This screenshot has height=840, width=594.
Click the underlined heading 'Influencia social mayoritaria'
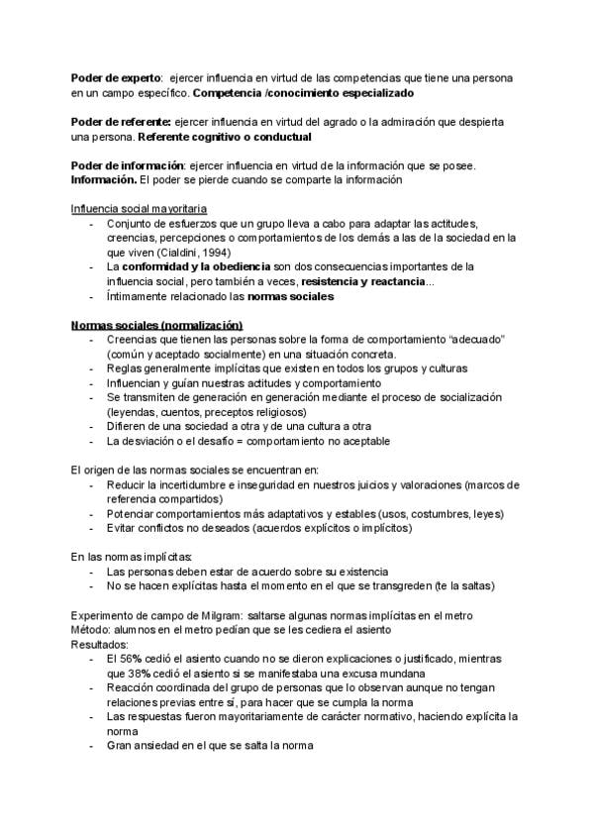(139, 209)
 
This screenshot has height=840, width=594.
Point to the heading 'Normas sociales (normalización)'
(156, 326)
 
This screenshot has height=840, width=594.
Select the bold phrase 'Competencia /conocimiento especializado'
(303, 92)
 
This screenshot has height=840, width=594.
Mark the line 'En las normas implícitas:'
(132, 557)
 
